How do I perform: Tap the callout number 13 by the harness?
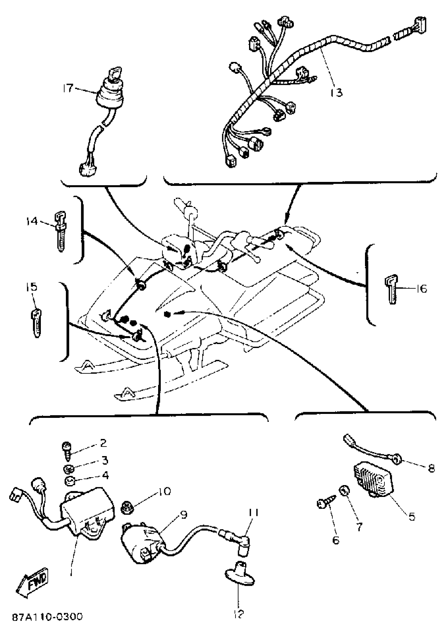(x=336, y=93)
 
